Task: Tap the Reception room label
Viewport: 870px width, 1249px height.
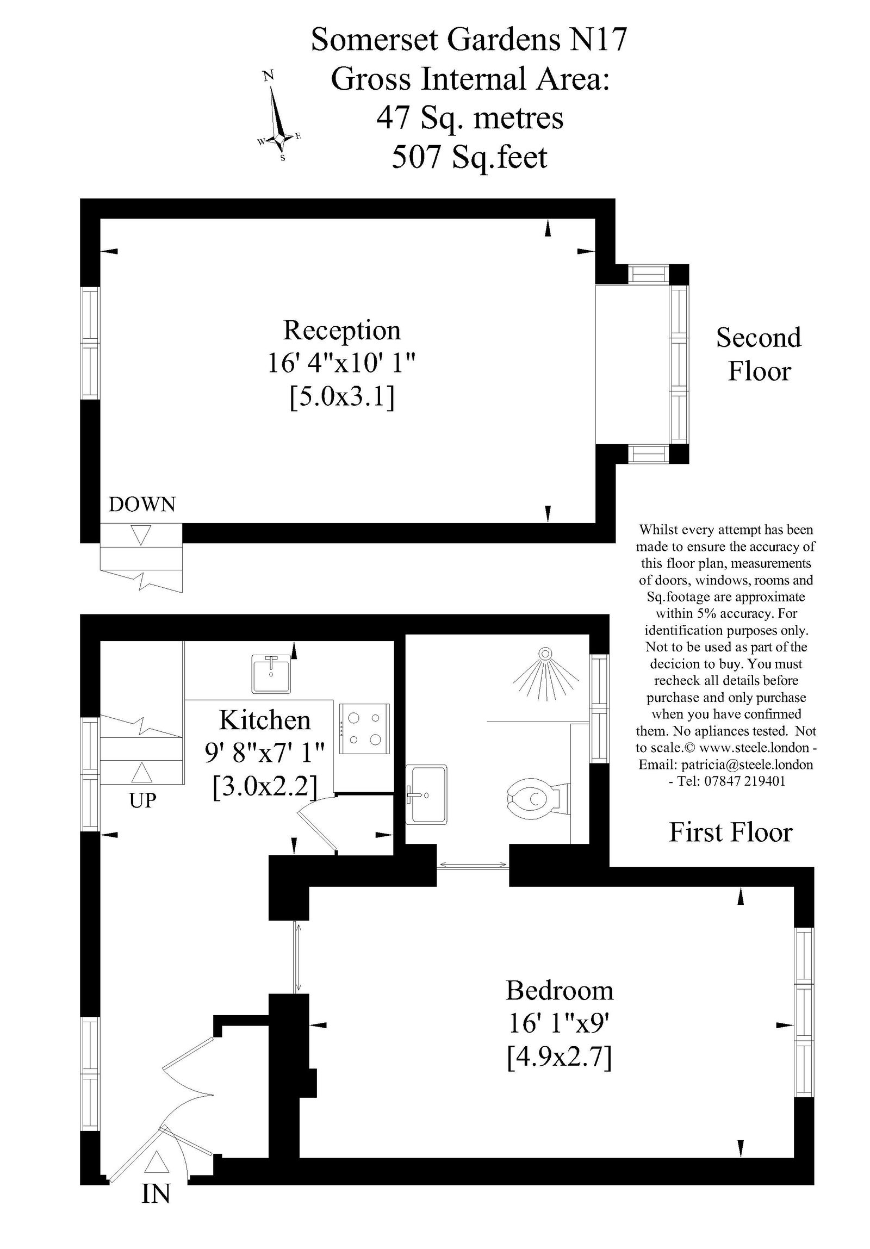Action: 341,331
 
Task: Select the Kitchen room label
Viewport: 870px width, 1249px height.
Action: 264,720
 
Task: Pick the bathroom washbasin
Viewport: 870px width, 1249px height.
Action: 427,794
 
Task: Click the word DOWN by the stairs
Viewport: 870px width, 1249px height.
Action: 142,505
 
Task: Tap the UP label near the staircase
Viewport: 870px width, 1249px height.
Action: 142,800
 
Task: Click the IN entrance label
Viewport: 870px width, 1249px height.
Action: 156,1209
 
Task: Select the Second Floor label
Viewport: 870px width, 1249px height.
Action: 759,354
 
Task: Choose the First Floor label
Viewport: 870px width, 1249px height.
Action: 730,832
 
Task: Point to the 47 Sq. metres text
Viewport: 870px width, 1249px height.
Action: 470,118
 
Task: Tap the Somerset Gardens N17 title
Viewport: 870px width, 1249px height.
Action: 469,40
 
